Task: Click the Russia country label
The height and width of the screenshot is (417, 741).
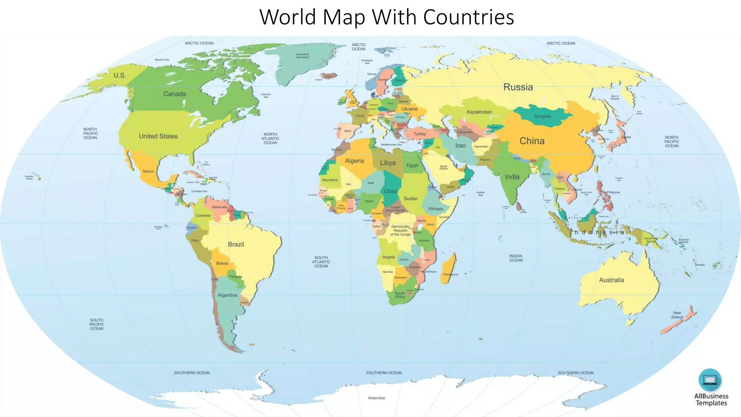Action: point(518,87)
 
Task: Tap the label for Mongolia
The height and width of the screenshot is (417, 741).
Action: point(542,117)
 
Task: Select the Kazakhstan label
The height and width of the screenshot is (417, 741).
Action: point(479,112)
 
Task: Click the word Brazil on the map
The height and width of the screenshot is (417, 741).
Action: point(236,244)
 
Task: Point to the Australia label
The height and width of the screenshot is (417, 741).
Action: point(611,280)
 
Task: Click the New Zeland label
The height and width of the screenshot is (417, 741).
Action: point(677,315)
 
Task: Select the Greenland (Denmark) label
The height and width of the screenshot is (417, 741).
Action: point(302,56)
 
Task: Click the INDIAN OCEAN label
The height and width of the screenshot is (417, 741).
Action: point(516,258)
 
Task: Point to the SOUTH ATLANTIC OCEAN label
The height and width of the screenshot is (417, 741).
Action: point(321,262)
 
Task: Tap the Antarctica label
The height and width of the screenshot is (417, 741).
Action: point(376,398)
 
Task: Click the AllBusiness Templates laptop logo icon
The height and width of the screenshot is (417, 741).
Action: point(710,380)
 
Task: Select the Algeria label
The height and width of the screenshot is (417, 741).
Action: point(354,161)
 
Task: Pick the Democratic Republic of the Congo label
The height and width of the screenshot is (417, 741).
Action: point(400,230)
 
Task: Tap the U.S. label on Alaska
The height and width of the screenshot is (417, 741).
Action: point(120,75)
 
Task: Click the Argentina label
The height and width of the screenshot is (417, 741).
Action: point(227,295)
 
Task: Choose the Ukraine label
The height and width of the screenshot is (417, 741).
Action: point(409,109)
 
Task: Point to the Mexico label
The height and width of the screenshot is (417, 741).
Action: point(148,171)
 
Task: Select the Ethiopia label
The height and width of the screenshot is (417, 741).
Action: point(435,208)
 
